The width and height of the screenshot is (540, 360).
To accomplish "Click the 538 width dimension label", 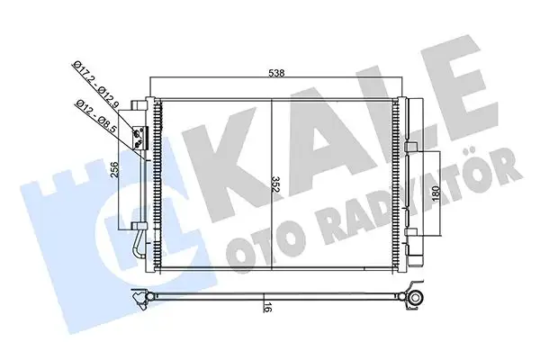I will pyautogui.click(x=275, y=76).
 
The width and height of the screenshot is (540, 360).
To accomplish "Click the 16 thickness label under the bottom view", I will pyautogui.click(x=268, y=308).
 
